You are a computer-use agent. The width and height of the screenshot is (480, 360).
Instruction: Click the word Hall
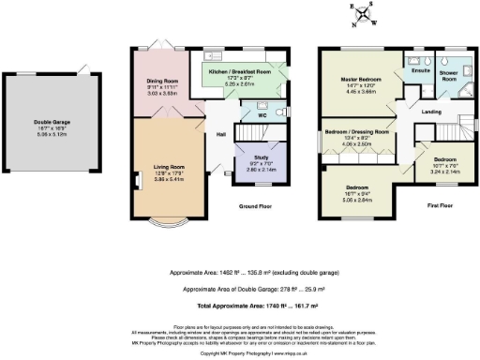[x=221, y=135]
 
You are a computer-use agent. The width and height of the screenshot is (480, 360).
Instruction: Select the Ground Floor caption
[x=255, y=205]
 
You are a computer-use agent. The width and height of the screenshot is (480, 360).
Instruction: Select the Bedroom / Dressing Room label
[x=356, y=132]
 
